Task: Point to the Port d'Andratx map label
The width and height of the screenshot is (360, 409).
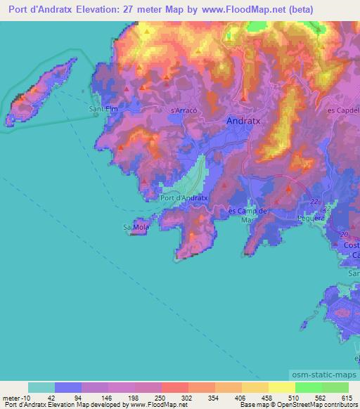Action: tap(184, 198)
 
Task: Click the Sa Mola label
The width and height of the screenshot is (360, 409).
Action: tap(134, 228)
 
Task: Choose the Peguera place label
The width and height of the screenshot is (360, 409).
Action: tap(311, 218)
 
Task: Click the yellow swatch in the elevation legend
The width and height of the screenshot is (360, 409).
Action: tap(282, 387)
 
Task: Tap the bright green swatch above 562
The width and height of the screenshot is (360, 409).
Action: tap(309, 387)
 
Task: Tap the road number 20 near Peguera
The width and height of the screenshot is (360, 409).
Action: tap(344, 235)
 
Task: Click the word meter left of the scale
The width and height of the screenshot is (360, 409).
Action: tap(13, 397)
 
